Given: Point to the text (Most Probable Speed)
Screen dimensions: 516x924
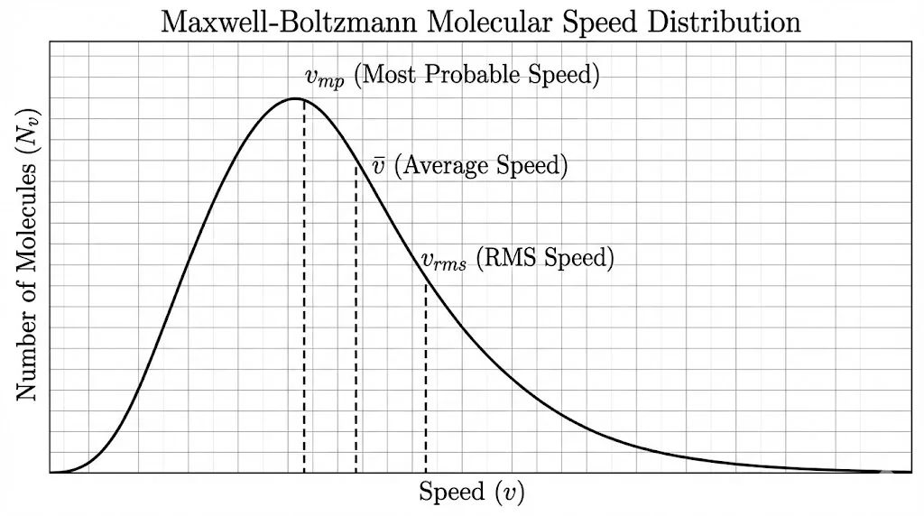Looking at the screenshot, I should pos(476,76).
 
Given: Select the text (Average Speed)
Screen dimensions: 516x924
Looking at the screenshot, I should pos(482,166).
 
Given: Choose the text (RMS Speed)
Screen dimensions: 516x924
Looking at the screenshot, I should pos(544,258).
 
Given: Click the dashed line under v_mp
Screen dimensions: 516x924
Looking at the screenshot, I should pos(304,289).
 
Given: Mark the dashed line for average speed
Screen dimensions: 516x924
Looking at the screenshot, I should pos(356,316).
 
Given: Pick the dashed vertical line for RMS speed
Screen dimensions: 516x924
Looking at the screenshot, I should pos(425,379).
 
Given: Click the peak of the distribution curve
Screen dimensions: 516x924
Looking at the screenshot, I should pos(296,97).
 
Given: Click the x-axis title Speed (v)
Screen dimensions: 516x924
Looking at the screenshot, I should pos(471,493).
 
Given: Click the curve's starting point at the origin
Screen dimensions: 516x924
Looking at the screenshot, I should pos(51,472).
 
